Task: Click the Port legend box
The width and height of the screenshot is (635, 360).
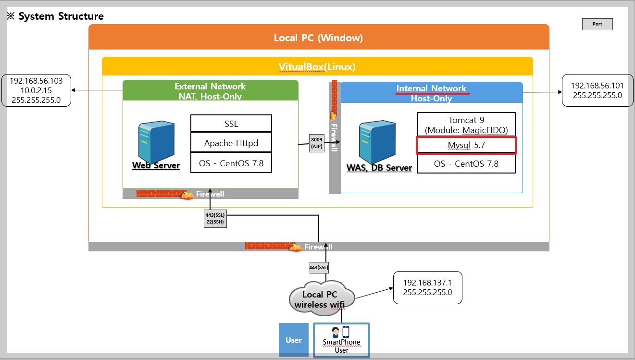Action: coord(597,24)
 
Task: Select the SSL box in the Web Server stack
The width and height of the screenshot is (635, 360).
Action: coord(231,124)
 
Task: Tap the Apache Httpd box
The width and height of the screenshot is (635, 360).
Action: coord(231,143)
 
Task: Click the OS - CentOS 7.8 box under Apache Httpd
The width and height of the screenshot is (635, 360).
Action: coord(231,163)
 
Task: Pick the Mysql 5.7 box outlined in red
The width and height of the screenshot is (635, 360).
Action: coord(466,145)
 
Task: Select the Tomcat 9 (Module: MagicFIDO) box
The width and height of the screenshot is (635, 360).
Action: coord(466,124)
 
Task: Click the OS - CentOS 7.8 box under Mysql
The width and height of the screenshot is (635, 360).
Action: coord(466,164)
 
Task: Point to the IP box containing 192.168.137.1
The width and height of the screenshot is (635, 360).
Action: coord(427,287)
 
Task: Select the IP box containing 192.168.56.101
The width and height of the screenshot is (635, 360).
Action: coord(597,90)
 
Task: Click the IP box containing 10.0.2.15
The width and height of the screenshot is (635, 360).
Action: coord(37,90)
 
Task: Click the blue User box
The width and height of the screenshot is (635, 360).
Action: coord(293,340)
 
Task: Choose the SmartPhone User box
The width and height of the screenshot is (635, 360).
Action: coord(341,340)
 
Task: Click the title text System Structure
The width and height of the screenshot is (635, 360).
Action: coord(61,16)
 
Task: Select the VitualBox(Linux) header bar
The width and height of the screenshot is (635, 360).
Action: coord(317,66)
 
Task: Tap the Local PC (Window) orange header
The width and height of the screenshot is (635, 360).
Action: coord(319,37)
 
